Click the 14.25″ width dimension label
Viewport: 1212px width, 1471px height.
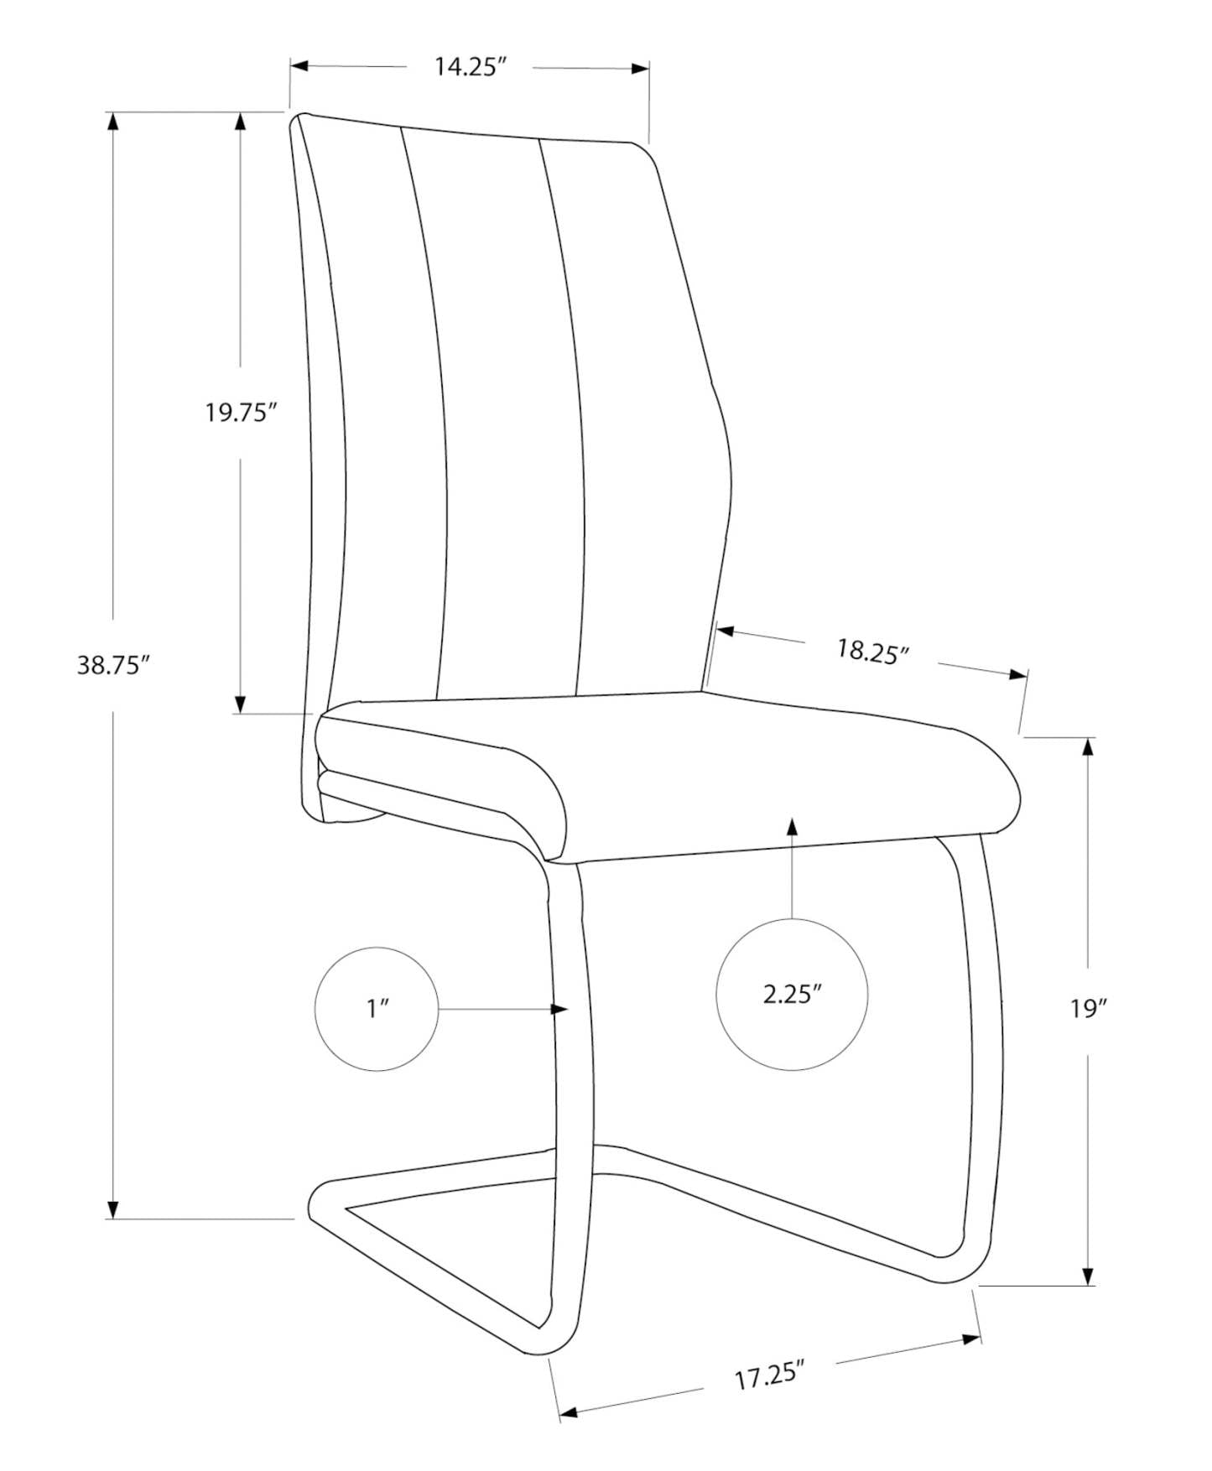471,68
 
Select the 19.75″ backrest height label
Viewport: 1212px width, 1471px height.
241,413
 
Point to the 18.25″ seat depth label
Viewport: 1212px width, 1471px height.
872,652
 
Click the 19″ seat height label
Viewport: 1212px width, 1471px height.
1089,1008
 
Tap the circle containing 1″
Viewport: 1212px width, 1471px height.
377,1008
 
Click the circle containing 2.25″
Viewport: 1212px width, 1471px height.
792,995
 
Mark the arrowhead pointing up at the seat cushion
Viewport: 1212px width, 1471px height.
792,825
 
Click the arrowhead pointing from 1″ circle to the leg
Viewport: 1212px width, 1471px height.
560,1009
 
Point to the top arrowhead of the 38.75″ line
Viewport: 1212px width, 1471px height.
113,121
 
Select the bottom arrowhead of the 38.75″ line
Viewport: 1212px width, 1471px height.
113,1209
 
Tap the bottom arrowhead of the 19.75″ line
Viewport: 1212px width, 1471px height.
241,704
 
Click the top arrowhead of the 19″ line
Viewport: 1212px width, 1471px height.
1089,746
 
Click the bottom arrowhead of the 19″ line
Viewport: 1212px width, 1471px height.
1089,1275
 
